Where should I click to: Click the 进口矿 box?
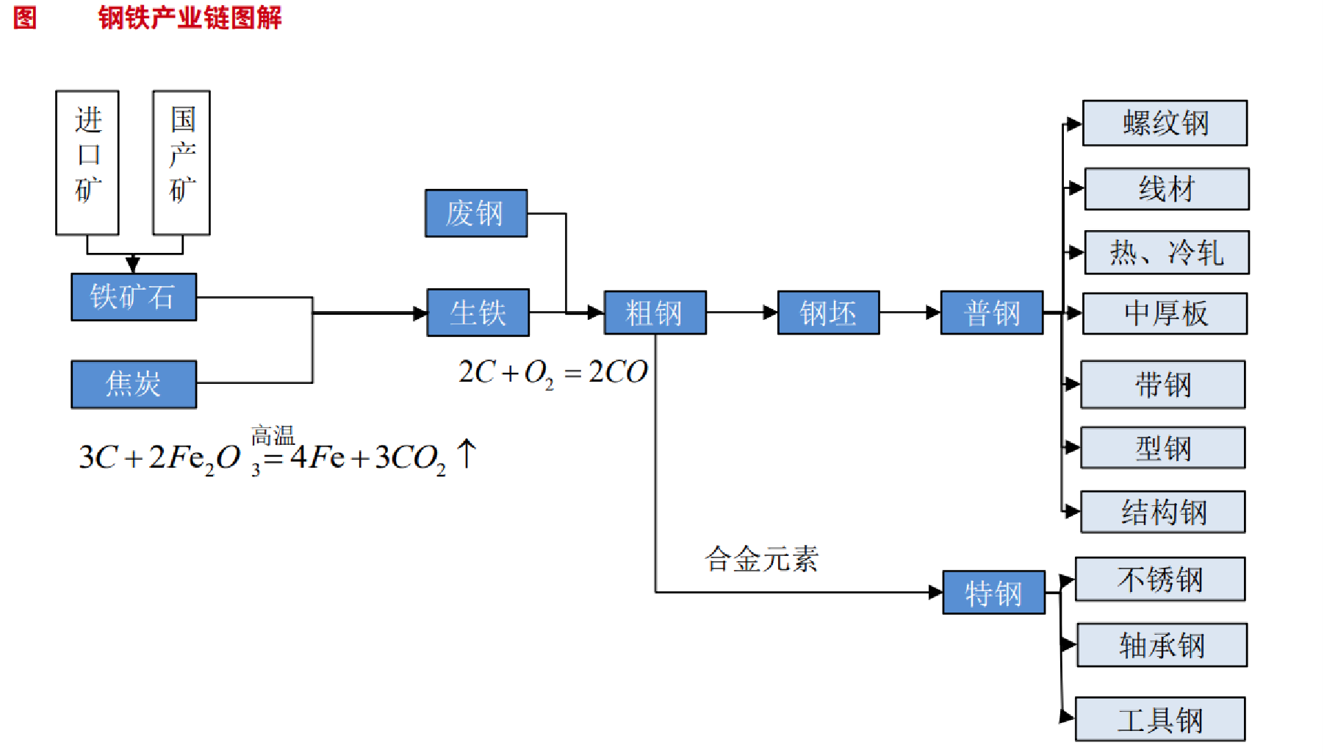87,163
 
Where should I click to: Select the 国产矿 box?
181,163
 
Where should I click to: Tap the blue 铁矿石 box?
134,297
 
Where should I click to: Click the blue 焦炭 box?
134,384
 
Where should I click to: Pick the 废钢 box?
476,213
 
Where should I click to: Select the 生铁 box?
478,313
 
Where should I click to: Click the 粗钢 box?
655,313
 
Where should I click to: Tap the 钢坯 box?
828,313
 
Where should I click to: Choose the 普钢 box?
992,313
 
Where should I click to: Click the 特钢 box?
993,592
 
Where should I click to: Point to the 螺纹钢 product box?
1165,123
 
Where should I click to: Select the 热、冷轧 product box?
1167,253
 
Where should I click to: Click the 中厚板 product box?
1165,313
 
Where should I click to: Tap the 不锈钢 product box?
1160,580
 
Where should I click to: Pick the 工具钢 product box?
1160,719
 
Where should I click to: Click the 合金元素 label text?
761,560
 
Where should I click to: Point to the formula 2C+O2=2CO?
553,372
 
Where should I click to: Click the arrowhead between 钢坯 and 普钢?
933,313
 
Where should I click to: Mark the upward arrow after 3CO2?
467,453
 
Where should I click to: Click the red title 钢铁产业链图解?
190,17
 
